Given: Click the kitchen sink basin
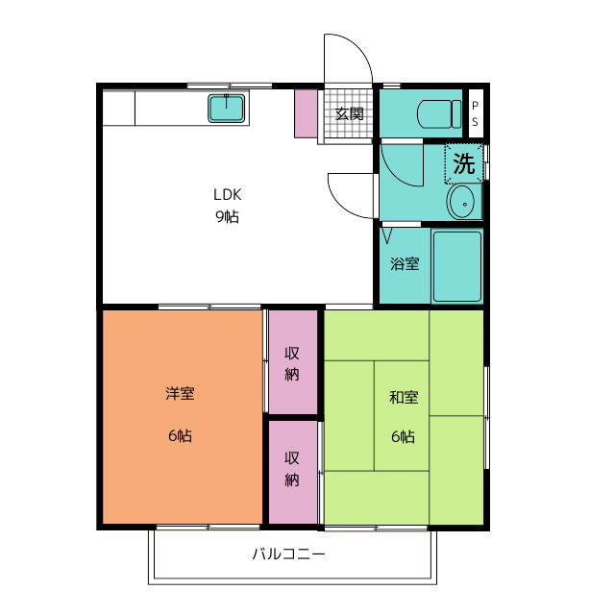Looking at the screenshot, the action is click(x=227, y=108).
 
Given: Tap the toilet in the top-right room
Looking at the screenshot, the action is click(x=439, y=113).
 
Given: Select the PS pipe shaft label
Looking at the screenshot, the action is click(x=475, y=113).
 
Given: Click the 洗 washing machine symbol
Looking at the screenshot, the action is click(x=463, y=163).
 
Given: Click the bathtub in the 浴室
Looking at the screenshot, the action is click(x=457, y=266).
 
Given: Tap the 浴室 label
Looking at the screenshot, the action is click(x=405, y=263).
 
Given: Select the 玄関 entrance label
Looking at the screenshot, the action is click(x=349, y=113).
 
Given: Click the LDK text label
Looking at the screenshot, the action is click(x=227, y=194).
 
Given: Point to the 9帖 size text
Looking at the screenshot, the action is click(x=227, y=216).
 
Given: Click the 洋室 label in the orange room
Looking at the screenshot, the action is click(x=180, y=393).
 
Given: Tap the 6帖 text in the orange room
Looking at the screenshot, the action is click(x=180, y=435).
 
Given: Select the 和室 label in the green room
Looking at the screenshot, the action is click(x=404, y=397).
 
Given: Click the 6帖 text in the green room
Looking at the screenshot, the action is click(x=404, y=436).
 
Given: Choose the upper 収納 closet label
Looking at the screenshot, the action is click(x=292, y=364).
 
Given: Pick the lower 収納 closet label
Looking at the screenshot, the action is click(x=292, y=469).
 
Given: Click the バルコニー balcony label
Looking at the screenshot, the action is click(x=288, y=554).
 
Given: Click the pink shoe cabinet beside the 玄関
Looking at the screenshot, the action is click(x=306, y=113).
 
